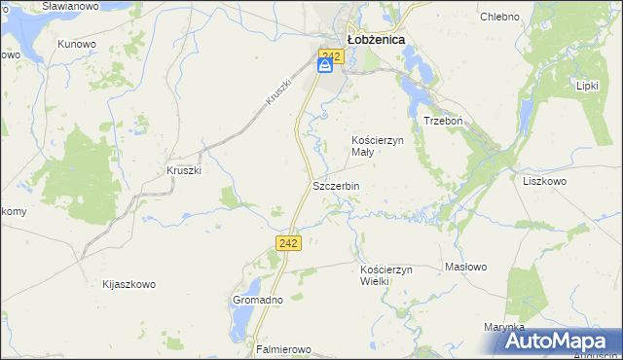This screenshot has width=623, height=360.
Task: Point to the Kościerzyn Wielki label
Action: [x=387, y=274]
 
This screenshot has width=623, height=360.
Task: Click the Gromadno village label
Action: [x=257, y=301]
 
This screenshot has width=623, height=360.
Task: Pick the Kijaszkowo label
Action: [x=128, y=285]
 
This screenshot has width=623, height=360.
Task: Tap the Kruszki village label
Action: [x=183, y=170]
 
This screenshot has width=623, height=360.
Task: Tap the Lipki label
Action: [x=587, y=86]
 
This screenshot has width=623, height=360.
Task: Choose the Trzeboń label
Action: [x=442, y=121]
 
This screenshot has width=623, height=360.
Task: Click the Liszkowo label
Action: [x=544, y=181]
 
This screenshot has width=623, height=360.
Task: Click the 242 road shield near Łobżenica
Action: [x=331, y=57]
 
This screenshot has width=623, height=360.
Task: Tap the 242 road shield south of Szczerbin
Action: [x=287, y=243]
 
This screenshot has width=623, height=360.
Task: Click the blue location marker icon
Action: [x=326, y=65]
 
